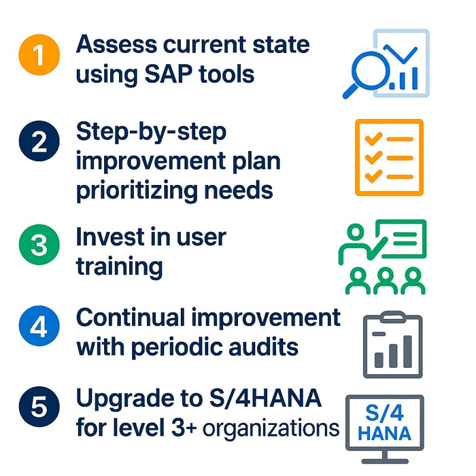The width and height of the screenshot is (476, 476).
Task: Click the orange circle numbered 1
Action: tap(39, 55)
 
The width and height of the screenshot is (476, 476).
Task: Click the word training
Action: tap(120, 266)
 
